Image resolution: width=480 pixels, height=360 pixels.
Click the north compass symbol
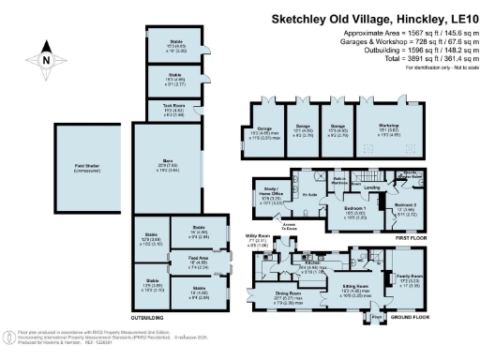point(45,58)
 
